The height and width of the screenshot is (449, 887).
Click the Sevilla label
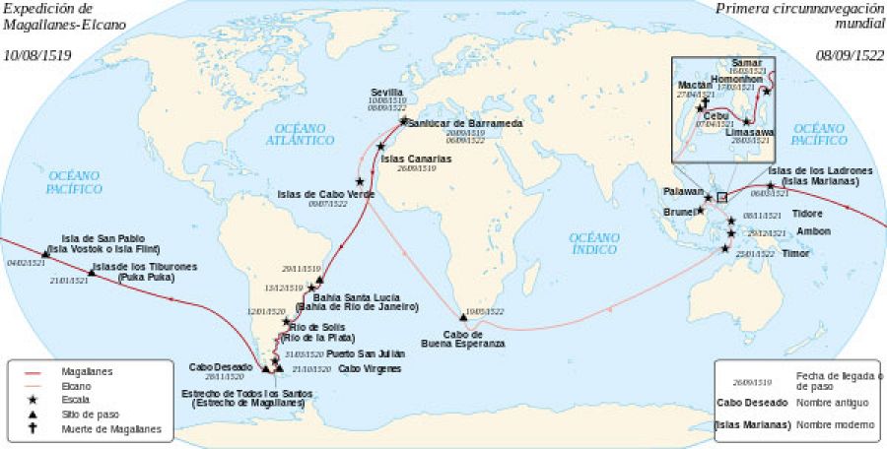[x=387, y=92]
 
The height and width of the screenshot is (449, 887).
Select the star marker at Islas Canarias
[x=380, y=146]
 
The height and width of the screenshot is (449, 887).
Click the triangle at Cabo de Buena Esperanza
[x=462, y=316]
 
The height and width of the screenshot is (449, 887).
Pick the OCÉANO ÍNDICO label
[x=597, y=243]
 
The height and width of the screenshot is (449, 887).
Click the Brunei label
[x=681, y=211]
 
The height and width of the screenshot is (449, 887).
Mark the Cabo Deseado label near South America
[x=219, y=366]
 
